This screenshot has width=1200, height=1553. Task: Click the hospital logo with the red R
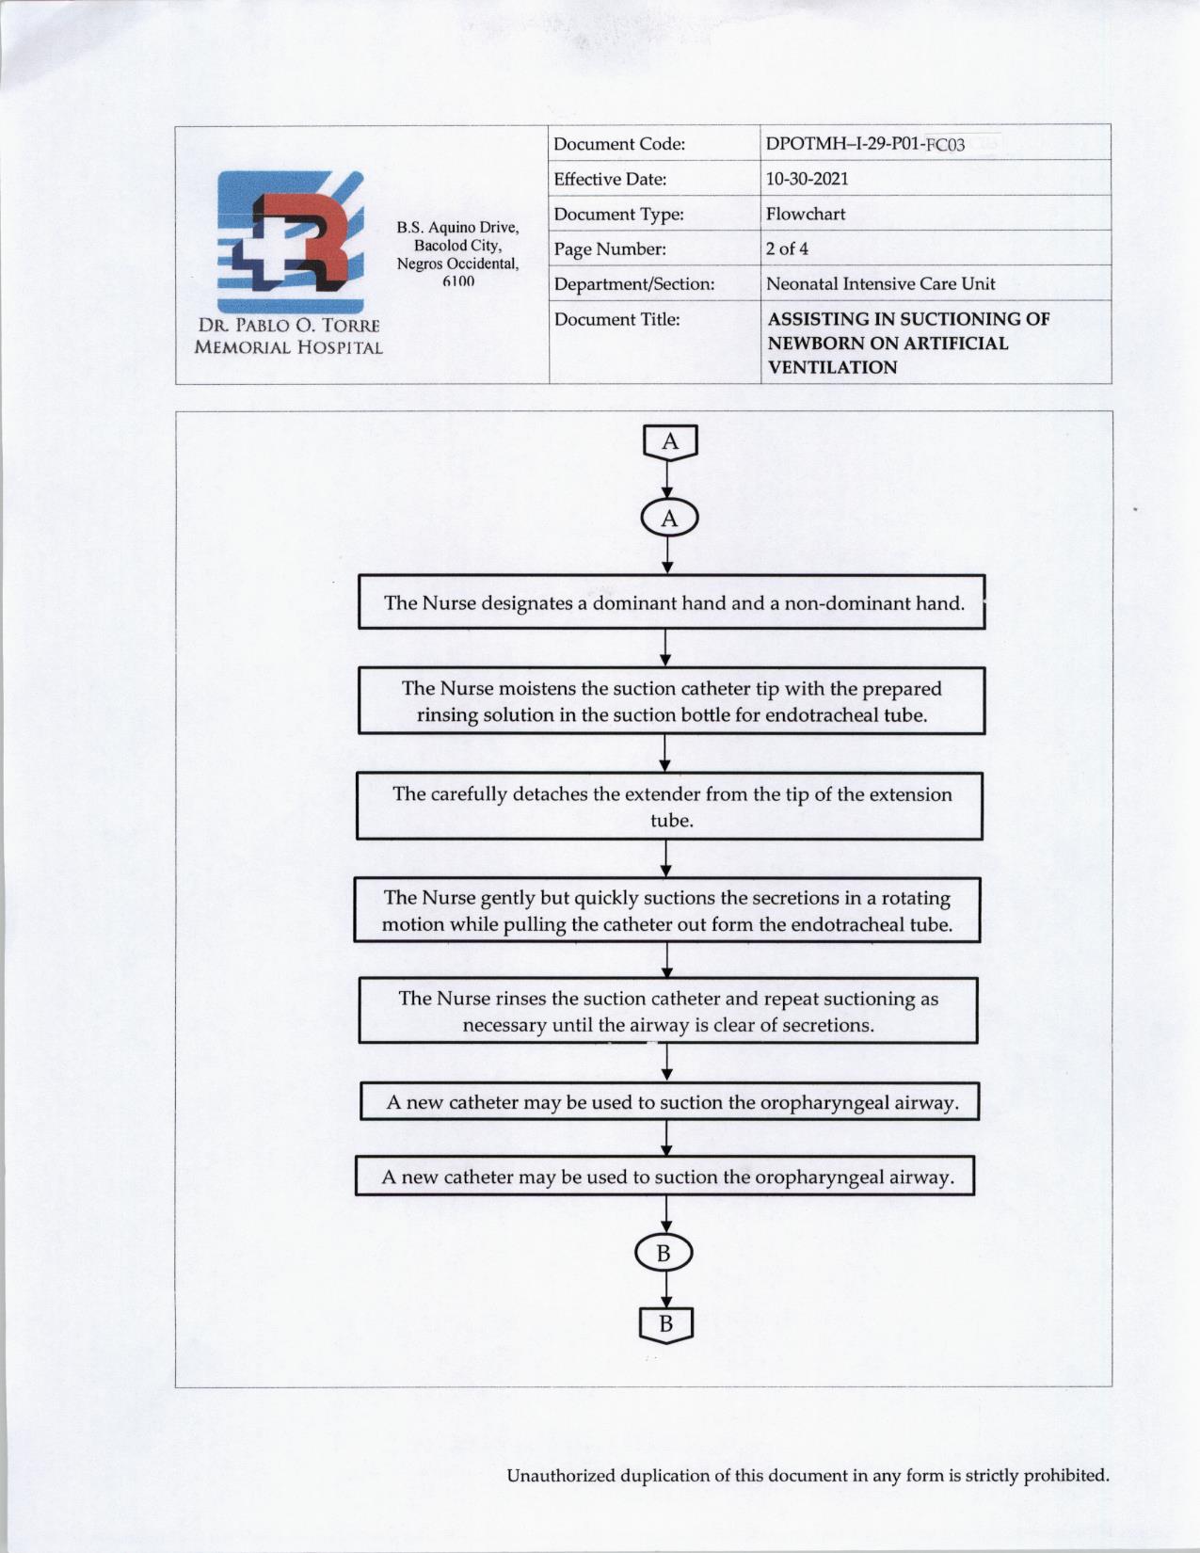pyautogui.click(x=291, y=242)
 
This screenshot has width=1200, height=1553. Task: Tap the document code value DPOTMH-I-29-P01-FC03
pyautogui.click(x=865, y=144)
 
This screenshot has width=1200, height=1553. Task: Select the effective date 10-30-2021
pyautogui.click(x=807, y=179)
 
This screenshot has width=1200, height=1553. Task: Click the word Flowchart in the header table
pyautogui.click(x=805, y=214)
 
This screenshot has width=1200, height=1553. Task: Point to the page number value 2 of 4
pyautogui.click(x=787, y=248)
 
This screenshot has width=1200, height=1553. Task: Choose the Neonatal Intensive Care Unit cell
pyautogui.click(x=880, y=283)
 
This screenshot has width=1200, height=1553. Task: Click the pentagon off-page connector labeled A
pyautogui.click(x=670, y=442)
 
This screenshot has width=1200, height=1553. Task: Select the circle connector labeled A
pyautogui.click(x=669, y=519)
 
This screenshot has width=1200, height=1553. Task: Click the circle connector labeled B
pyautogui.click(x=664, y=1253)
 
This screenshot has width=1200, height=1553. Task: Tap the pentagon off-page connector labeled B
pyautogui.click(x=665, y=1324)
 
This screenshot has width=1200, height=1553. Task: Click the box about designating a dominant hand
pyautogui.click(x=671, y=602)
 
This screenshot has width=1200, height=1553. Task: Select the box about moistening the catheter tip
pyautogui.click(x=671, y=701)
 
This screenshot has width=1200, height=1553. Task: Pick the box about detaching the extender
pyautogui.click(x=669, y=807)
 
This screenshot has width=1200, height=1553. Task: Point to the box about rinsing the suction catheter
pyautogui.click(x=668, y=1011)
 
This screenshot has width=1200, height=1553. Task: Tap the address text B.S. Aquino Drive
pyautogui.click(x=457, y=228)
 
